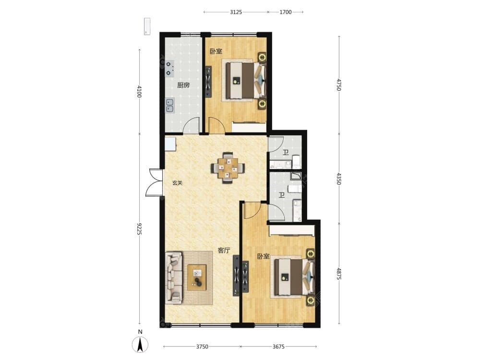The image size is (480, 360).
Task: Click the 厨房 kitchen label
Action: [x=183, y=85]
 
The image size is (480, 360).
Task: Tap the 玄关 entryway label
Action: [x=177, y=183]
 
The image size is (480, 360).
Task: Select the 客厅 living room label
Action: [x=224, y=251]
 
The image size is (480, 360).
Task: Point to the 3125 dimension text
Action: [x=236, y=12]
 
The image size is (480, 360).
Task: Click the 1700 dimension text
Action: [x=285, y=12]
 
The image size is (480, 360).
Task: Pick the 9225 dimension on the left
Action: [x=140, y=229]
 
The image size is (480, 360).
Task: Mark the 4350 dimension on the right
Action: [x=338, y=179]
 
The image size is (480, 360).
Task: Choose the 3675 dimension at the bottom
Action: [x=278, y=347]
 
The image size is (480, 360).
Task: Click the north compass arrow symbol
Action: [x=140, y=345]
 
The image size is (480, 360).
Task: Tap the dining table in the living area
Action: [x=228, y=168]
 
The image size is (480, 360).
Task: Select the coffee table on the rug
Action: [x=197, y=277]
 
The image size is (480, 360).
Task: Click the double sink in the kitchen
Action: [x=169, y=106]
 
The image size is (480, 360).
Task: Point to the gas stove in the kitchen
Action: [x=169, y=68]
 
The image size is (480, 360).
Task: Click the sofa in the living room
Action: [x=174, y=277]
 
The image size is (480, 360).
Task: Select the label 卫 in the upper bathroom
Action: [x=286, y=153]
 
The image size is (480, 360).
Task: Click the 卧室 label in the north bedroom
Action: [x=216, y=51]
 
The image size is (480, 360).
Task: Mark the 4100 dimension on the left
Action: [x=140, y=91]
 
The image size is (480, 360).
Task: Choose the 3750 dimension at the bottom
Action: [x=202, y=347]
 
